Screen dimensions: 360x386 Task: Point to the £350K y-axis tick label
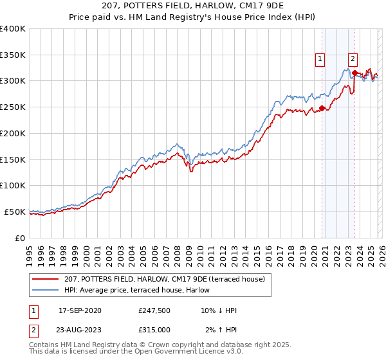point(13,55)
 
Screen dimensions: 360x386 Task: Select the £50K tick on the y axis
point(15,212)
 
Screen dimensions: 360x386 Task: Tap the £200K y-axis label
point(13,133)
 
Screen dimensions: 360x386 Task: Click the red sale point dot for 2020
point(322,108)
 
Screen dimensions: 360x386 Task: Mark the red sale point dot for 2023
point(354,73)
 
